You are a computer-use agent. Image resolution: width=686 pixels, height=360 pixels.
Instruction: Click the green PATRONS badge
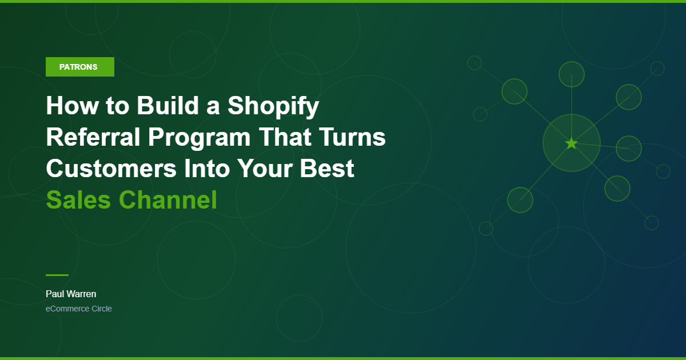[x=80, y=67]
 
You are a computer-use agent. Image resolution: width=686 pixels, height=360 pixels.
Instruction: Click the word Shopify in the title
[x=273, y=106]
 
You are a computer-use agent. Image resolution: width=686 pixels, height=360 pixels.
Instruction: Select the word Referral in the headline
[x=93, y=137]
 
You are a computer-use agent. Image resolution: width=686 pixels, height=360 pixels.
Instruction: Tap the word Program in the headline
[x=199, y=138]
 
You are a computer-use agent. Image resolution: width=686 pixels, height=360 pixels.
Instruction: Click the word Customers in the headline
[x=111, y=169]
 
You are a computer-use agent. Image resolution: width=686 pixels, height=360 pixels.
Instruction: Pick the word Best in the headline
[x=327, y=169]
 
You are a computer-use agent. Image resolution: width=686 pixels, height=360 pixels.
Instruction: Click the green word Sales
[x=78, y=200]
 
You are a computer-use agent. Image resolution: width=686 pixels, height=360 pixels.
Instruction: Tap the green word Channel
[x=168, y=199]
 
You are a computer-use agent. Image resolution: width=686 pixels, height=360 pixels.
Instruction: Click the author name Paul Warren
[x=71, y=294]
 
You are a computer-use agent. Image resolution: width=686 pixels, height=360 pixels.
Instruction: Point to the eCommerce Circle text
[x=79, y=309]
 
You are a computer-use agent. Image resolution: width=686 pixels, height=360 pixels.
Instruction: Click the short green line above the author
[x=57, y=275]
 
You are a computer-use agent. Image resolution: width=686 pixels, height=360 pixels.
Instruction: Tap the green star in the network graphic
[x=572, y=143]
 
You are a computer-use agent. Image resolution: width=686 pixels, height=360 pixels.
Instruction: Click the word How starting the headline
[x=72, y=106]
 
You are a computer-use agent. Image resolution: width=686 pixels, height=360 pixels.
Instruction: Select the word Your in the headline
[x=265, y=169]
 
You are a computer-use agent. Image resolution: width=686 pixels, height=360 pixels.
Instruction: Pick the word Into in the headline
[x=207, y=169]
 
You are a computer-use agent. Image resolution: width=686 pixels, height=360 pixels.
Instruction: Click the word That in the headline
[x=285, y=137]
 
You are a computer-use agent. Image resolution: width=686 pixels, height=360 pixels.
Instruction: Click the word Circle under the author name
[x=102, y=309]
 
